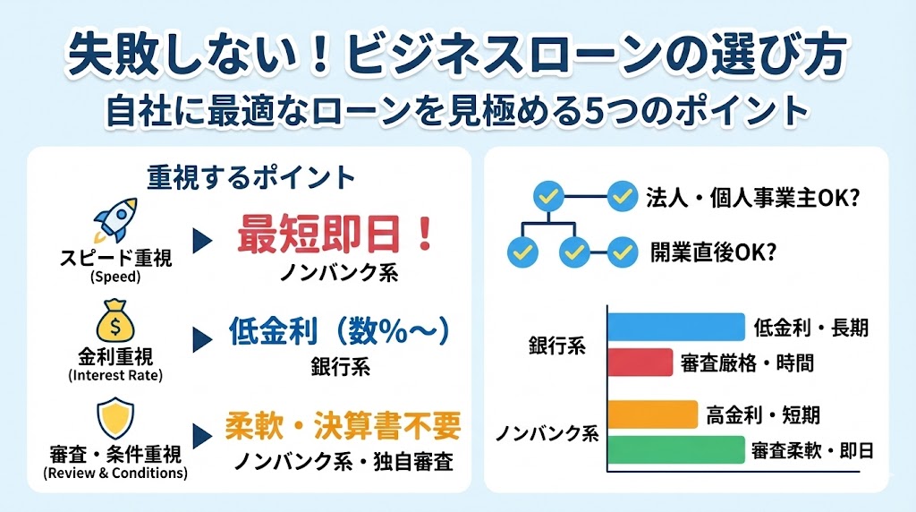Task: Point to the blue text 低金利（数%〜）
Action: pyautogui.click(x=338, y=333)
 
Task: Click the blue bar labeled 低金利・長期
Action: pyautogui.click(x=676, y=326)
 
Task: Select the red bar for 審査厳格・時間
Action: pyautogui.click(x=640, y=363)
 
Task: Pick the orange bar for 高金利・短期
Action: pyautogui.click(x=652, y=414)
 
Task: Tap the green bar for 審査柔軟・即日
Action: pyautogui.click(x=676, y=449)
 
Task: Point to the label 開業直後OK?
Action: pyautogui.click(x=712, y=252)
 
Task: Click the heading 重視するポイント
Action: pyautogui.click(x=251, y=176)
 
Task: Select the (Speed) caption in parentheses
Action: pyautogui.click(x=116, y=277)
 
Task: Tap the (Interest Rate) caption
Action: pyautogui.click(x=115, y=375)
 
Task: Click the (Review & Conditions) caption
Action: pyautogui.click(x=115, y=473)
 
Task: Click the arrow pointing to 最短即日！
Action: pyautogui.click(x=203, y=241)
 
